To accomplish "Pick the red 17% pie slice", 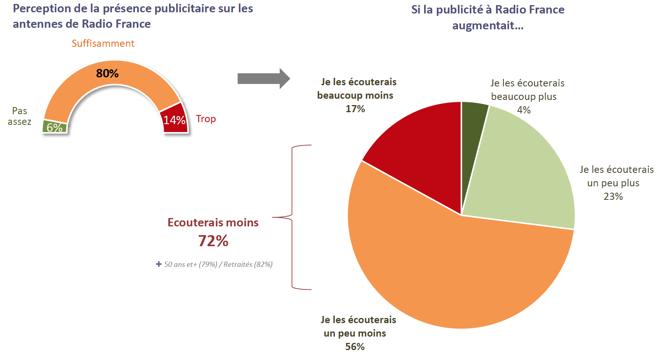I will point(421,151).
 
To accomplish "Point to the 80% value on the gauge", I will point(107,73).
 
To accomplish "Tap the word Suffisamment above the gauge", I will point(103,43).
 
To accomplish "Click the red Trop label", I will point(206,119).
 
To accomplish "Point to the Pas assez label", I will point(19,116).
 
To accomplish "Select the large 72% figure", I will point(213,241).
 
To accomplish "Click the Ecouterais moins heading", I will point(213,222).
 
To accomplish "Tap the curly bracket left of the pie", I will point(293,217).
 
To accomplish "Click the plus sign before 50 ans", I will point(159,264).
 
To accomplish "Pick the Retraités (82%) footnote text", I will point(248,264).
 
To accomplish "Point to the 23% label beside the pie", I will point(613,196).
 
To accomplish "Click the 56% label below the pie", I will point(355,347).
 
